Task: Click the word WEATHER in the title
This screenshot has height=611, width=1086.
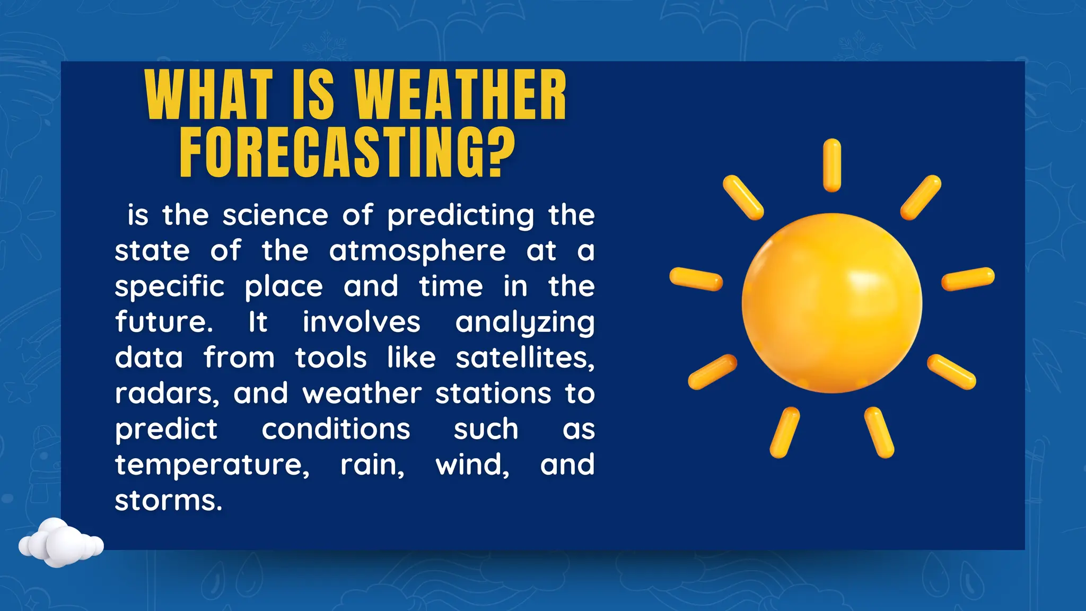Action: [460, 95]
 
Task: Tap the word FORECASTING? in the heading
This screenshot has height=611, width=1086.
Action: [347, 153]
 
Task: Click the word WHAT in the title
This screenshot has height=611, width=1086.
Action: [208, 95]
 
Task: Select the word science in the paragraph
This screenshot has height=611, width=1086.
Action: [275, 215]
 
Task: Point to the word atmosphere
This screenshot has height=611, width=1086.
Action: [417, 251]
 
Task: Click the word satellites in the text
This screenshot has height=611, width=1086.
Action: [524, 357]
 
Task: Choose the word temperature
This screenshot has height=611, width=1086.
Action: [212, 465]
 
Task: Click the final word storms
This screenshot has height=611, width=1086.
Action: [168, 500]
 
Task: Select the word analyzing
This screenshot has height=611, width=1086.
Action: [524, 323]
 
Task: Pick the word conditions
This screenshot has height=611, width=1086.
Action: [336, 429]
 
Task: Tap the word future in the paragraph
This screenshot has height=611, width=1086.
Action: [164, 322]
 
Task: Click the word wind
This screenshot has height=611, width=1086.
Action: [472, 465]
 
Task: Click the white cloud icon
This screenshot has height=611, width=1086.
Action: [60, 543]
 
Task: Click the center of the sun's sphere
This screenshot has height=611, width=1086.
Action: [831, 303]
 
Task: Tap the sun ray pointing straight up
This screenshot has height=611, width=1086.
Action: [832, 165]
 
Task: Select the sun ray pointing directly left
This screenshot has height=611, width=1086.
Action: [696, 279]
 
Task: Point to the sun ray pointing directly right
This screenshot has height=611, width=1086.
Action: [968, 279]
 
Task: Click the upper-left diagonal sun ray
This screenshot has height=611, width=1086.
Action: [743, 197]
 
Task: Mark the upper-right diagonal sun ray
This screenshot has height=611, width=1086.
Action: [921, 197]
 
